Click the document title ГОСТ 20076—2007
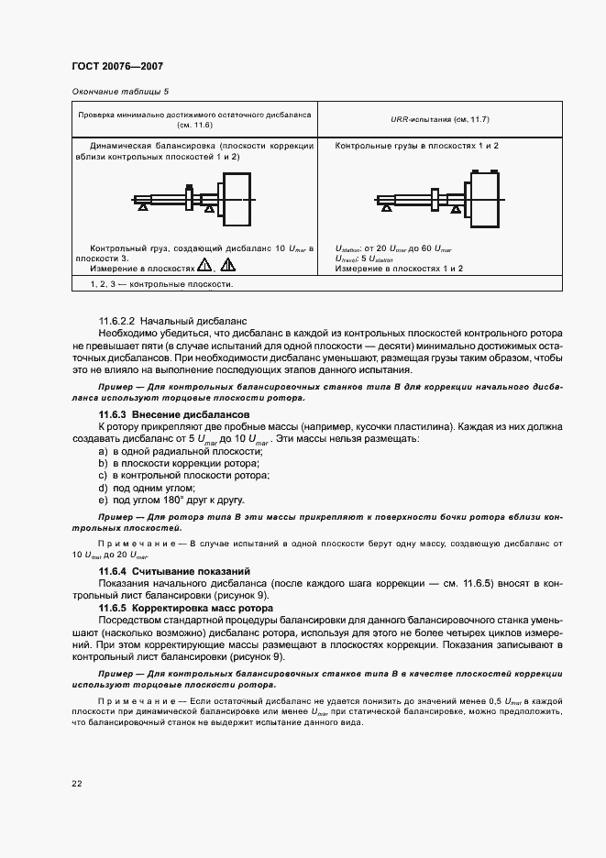[116, 67]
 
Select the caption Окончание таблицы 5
[120, 92]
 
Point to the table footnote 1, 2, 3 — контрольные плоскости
[160, 284]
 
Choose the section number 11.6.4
[114, 571]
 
